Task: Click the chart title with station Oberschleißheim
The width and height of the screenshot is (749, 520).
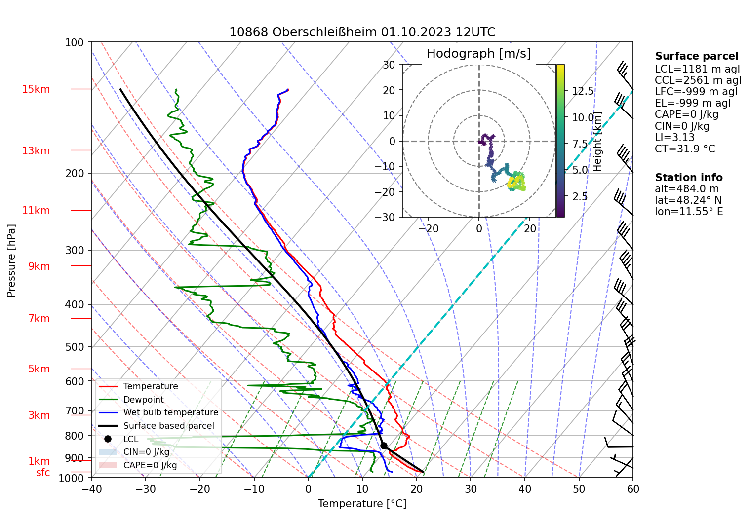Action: (362, 32)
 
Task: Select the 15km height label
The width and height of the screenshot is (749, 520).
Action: (36, 89)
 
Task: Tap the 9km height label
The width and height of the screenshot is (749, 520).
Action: (39, 266)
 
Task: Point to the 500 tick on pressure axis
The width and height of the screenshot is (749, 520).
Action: (75, 347)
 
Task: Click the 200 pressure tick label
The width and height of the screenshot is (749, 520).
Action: (75, 173)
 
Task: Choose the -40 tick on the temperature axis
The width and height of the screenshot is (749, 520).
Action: (91, 489)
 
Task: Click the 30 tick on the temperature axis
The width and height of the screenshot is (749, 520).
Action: (471, 489)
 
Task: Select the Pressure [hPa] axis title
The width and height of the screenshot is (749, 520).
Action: (11, 260)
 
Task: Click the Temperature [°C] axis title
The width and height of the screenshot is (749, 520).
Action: (362, 503)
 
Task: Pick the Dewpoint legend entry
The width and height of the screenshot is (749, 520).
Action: (143, 400)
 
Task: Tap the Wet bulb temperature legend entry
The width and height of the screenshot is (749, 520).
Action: (170, 412)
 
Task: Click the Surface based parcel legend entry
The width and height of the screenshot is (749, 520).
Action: (168, 426)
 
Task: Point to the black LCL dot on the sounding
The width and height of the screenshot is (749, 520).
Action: (384, 446)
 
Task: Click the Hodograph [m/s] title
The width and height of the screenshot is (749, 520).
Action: (478, 53)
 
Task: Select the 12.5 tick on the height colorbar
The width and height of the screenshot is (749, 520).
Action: (583, 91)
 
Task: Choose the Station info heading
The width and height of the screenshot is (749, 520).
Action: (689, 178)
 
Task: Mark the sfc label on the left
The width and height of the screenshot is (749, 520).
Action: (43, 473)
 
